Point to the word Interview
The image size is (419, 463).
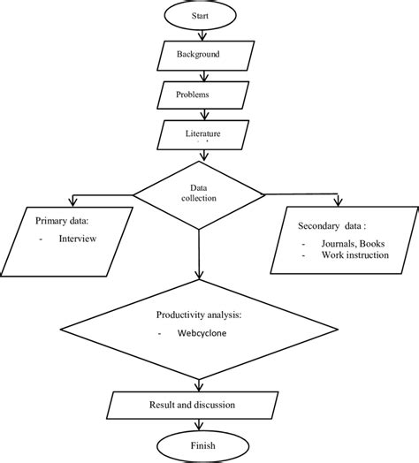[x=77, y=238]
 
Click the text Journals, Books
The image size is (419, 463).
[x=344, y=245]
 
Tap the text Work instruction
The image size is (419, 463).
[x=349, y=256]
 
